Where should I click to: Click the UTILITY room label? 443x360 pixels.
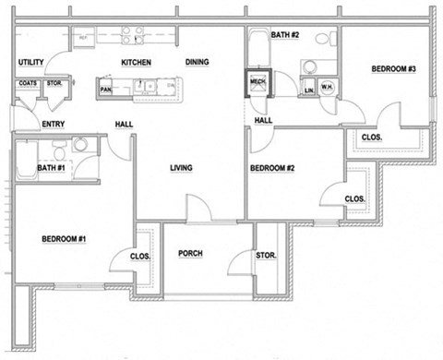point(30,63)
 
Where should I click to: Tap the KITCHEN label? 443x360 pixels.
point(136,63)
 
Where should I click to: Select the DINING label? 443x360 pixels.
point(197,63)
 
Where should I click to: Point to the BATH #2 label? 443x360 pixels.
point(284,35)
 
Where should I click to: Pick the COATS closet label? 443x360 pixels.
point(27,84)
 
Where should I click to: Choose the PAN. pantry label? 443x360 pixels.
point(106,90)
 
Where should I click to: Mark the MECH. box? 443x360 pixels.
point(258,83)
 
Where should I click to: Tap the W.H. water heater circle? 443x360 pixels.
point(327,88)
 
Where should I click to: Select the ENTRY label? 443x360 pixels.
point(54,124)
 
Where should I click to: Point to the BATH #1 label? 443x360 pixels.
point(50,168)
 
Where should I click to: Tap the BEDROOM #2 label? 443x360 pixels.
point(273,168)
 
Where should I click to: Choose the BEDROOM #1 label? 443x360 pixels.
point(64,240)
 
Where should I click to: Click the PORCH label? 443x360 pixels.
point(190,254)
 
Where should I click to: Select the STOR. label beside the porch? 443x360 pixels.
point(267,256)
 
